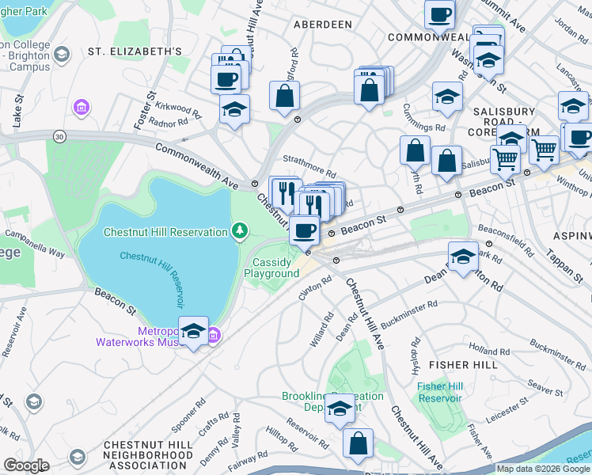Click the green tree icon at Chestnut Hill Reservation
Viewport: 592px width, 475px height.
239,231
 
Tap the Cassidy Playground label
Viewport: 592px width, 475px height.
271,268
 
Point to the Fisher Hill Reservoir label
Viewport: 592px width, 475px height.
440,393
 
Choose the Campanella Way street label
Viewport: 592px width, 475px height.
36,244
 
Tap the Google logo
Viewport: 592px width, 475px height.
26,465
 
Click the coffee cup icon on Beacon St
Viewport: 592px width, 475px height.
304,230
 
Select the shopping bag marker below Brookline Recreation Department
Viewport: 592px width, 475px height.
358,445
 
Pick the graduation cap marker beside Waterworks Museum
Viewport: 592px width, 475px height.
192,332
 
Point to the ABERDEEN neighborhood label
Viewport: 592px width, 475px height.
322,25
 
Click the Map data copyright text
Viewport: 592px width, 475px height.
543,469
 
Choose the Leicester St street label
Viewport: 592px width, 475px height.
507,412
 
